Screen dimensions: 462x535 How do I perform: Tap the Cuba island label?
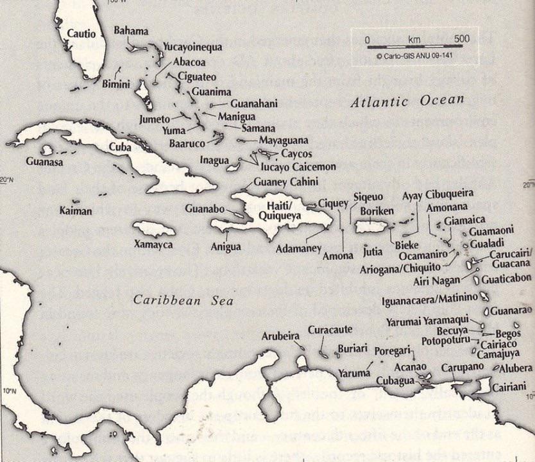(x=120, y=146)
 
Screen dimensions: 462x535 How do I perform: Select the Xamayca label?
(x=153, y=244)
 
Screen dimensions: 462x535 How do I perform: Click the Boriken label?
(x=377, y=211)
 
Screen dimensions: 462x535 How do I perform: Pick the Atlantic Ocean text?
(x=407, y=101)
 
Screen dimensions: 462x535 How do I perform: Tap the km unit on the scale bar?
(x=414, y=40)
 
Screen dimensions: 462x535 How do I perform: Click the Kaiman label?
(x=76, y=210)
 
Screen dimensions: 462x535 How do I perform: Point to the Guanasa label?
(x=44, y=162)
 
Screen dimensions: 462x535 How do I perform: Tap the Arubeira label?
(x=281, y=336)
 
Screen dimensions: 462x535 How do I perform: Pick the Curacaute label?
(x=330, y=330)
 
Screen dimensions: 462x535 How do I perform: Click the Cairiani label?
(x=510, y=386)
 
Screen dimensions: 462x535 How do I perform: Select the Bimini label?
(x=116, y=84)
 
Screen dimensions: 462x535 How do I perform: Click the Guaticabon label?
(x=506, y=278)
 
